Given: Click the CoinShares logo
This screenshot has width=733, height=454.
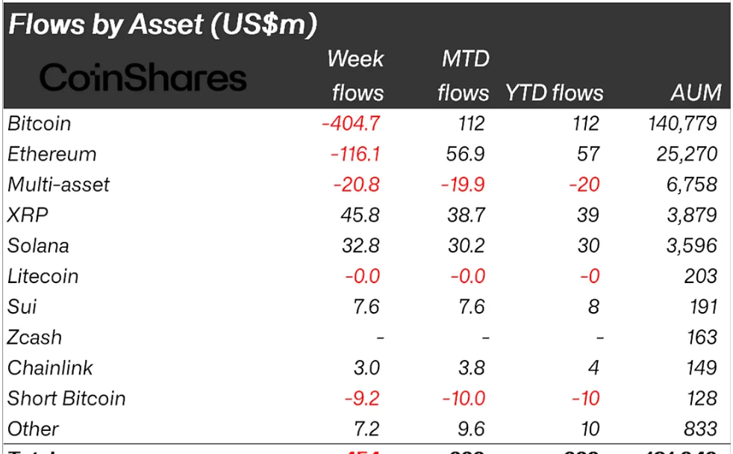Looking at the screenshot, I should pyautogui.click(x=142, y=78).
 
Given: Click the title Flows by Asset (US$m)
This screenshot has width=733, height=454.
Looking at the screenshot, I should pyautogui.click(x=163, y=25).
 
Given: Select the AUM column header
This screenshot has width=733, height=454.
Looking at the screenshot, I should pyautogui.click(x=696, y=93).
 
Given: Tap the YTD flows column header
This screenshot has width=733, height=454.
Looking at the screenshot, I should pyautogui.click(x=554, y=93).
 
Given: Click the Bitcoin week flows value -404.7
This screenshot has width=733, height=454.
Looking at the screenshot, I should pyautogui.click(x=350, y=124).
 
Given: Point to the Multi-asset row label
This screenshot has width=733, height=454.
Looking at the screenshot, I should pyautogui.click(x=59, y=185).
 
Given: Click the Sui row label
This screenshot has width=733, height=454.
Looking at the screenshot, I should pyautogui.click(x=22, y=307).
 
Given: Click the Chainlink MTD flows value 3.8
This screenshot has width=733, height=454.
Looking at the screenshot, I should pyautogui.click(x=470, y=368).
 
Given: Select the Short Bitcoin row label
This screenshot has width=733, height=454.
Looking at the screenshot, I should pyautogui.click(x=66, y=399).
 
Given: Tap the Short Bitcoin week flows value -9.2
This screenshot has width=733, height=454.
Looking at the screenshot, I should pyautogui.click(x=362, y=399).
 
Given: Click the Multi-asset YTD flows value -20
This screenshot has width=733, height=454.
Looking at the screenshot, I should pyautogui.click(x=584, y=185).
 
